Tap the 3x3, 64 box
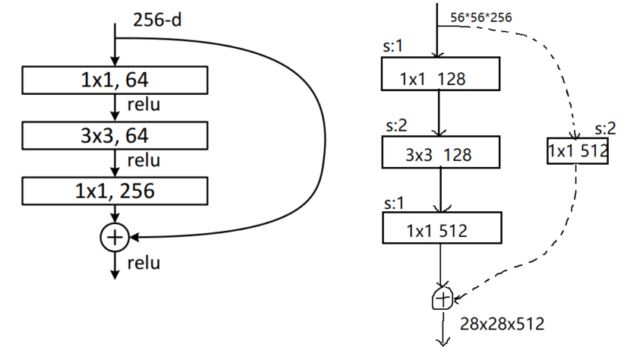coord(115,136)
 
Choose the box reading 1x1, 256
coord(115,191)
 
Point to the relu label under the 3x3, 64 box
coord(143,161)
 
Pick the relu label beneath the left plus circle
coord(143,264)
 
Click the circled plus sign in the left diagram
coord(115,238)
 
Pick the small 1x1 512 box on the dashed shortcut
coord(578,150)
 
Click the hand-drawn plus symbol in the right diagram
coord(441,298)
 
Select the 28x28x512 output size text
coord(502,324)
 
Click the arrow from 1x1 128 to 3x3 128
coord(439,115)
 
